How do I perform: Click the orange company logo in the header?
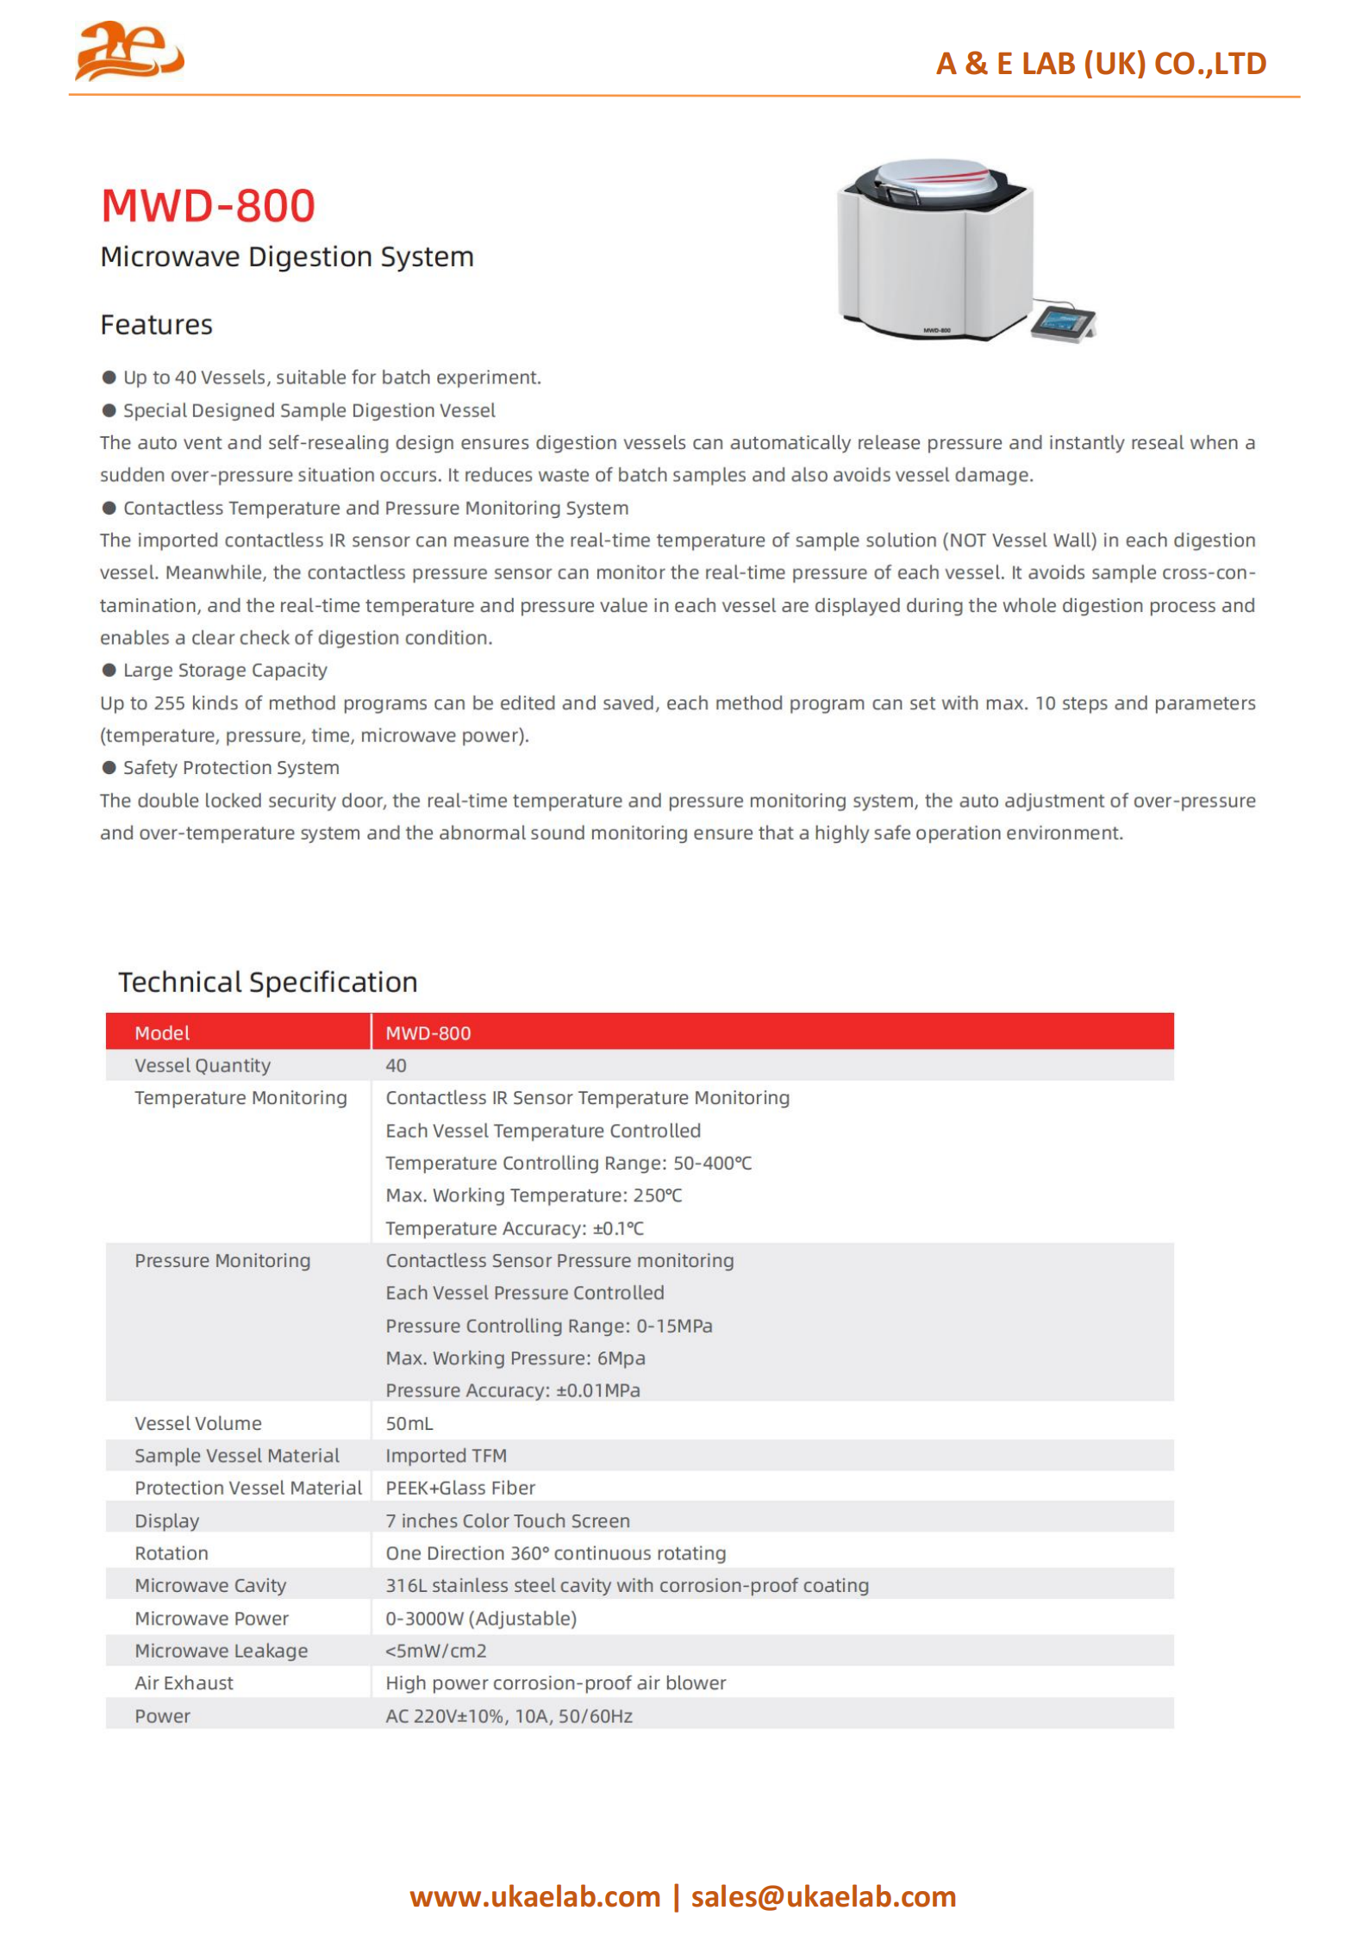coord(129,51)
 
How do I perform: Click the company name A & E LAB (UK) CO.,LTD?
coord(1101,64)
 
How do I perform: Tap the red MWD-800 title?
coord(208,206)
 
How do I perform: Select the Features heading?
coord(156,325)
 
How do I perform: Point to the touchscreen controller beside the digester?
coord(1063,321)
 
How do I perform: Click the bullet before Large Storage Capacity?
coord(109,670)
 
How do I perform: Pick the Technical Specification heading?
coord(267,982)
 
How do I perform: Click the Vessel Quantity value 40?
coord(396,1065)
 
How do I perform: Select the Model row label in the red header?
coord(162,1033)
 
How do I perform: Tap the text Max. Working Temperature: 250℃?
coord(534,1195)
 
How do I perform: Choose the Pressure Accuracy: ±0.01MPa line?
coord(513,1390)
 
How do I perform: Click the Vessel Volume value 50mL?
coord(409,1423)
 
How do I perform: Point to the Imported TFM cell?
coord(446,1456)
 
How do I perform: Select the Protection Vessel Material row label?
coord(248,1488)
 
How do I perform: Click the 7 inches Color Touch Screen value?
coord(508,1520)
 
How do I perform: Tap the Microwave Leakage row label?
coord(221,1651)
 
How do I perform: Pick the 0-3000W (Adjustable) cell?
coord(481,1618)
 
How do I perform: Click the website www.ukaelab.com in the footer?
coord(534,1896)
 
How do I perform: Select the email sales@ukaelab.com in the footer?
coord(823,1896)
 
